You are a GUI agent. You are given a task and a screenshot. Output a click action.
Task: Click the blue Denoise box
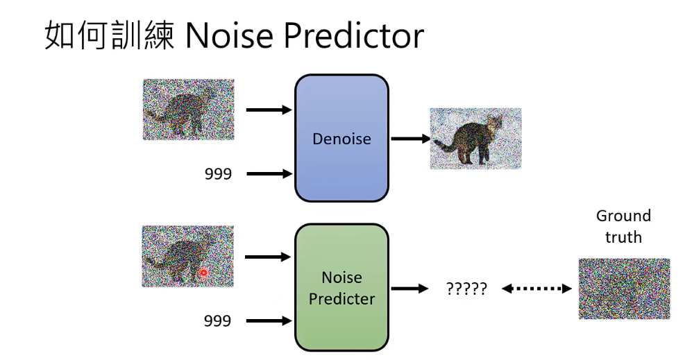pyautogui.click(x=341, y=139)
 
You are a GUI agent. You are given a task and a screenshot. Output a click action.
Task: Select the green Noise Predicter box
pyautogui.click(x=341, y=287)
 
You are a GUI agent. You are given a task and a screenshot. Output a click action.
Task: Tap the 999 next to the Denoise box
pyautogui.click(x=218, y=174)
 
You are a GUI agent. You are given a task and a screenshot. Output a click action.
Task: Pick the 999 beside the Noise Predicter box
pyautogui.click(x=217, y=321)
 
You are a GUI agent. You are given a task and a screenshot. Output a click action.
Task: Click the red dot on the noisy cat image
pyautogui.click(x=203, y=273)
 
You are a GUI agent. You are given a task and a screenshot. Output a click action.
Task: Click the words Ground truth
pyautogui.click(x=623, y=227)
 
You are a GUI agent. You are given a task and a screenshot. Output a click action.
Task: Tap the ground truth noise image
pyautogui.click(x=624, y=289)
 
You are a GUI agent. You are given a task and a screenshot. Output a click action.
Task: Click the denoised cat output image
pyautogui.click(x=475, y=139)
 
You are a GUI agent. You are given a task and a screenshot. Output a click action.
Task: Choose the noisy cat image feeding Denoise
pyautogui.click(x=188, y=110)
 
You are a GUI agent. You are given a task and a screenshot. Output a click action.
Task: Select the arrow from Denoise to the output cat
pyautogui.click(x=410, y=139)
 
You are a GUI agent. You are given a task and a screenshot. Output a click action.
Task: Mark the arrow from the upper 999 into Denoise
pyautogui.click(x=269, y=174)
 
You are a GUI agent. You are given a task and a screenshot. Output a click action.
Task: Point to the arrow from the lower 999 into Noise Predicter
pyautogui.click(x=269, y=321)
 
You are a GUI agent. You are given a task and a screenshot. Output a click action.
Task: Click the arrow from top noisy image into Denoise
pyautogui.click(x=269, y=110)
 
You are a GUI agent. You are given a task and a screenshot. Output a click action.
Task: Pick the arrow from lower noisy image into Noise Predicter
pyautogui.click(x=268, y=257)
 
